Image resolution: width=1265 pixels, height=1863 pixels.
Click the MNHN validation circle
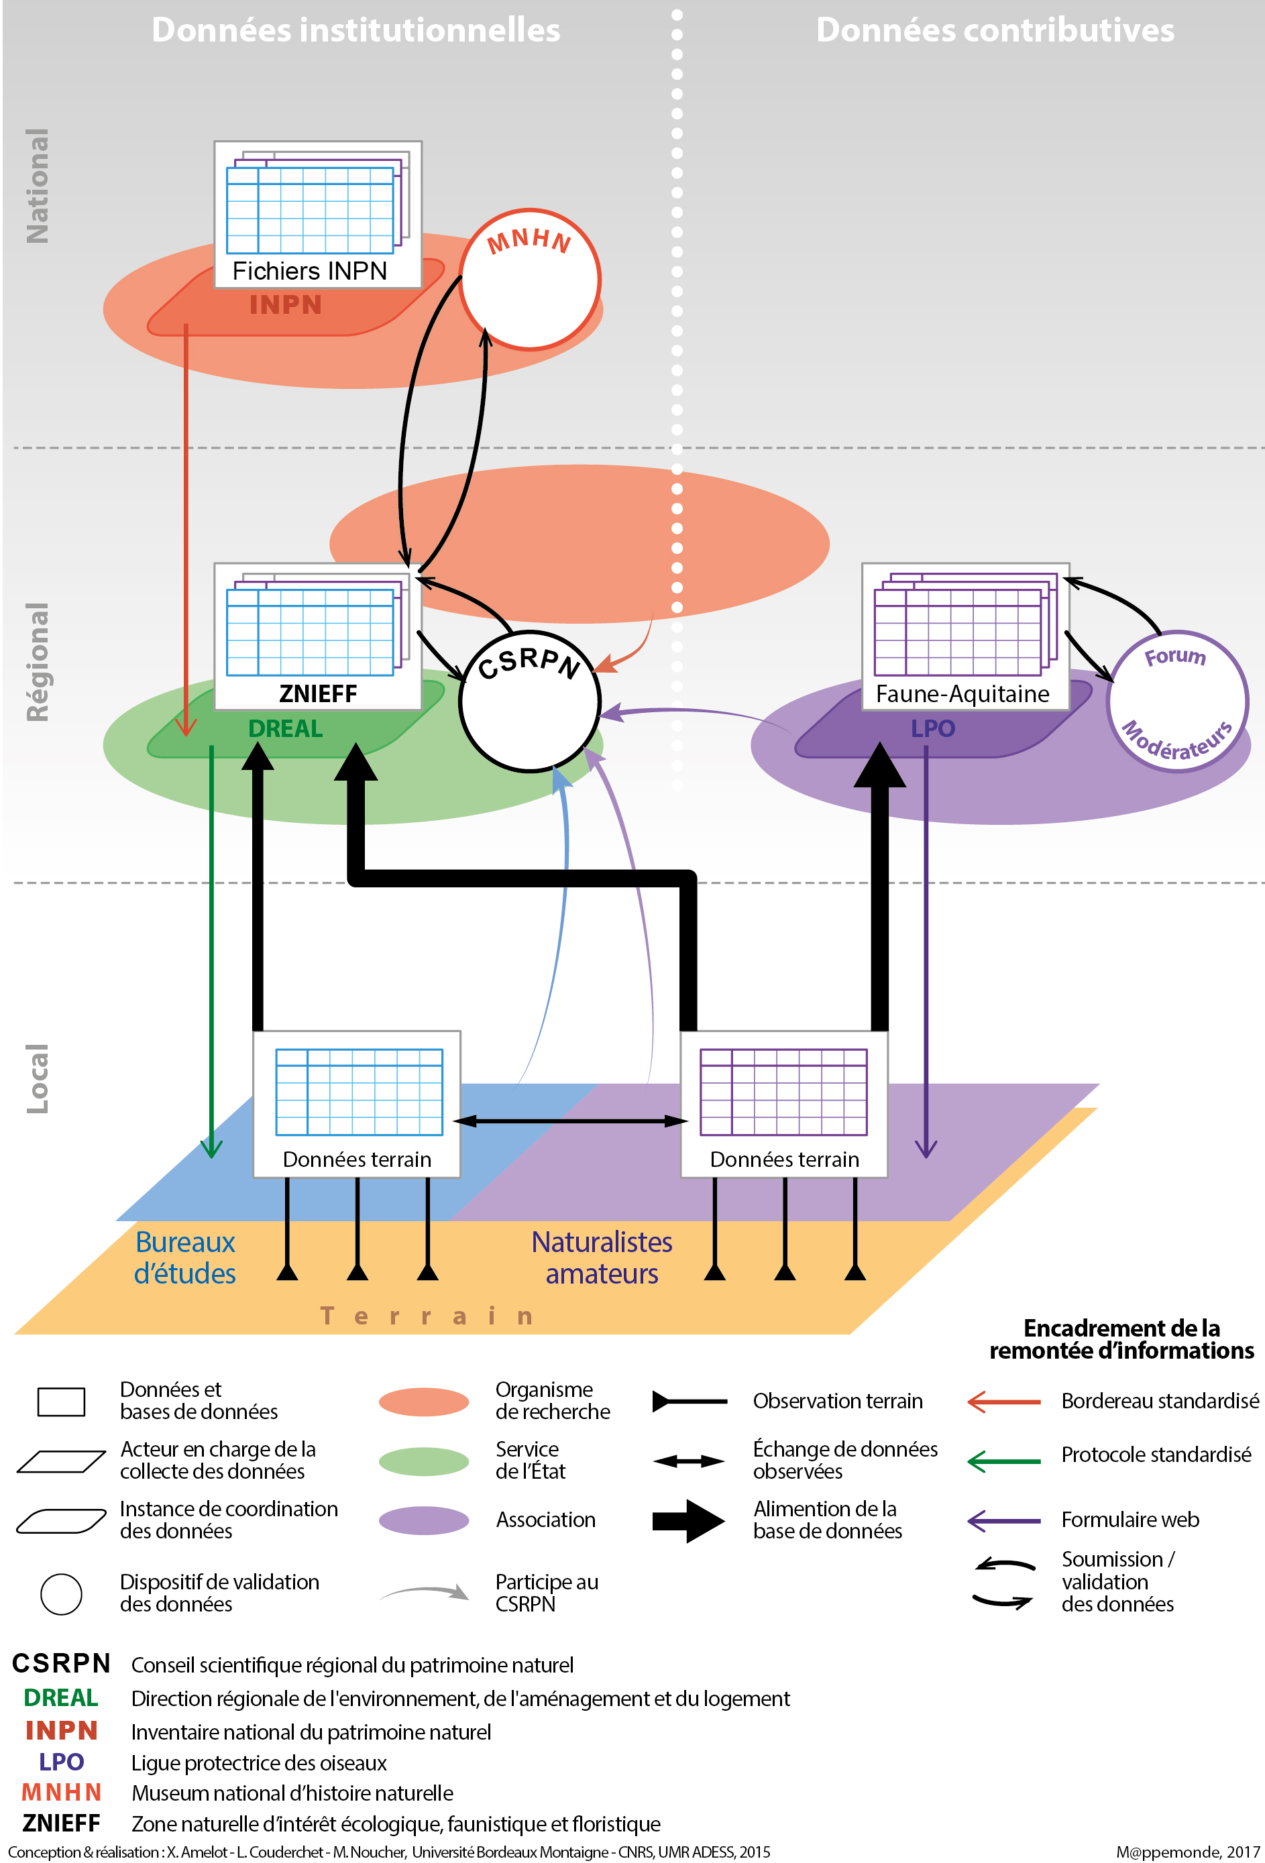pos(529,280)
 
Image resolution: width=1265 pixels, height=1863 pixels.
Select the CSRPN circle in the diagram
pos(530,701)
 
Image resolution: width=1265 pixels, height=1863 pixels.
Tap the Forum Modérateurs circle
pos(1177,701)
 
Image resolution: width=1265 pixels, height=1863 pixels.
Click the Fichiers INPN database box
pos(317,214)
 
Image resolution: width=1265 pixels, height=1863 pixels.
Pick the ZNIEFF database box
pos(317,636)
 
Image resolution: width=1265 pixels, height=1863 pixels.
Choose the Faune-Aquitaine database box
pos(965,636)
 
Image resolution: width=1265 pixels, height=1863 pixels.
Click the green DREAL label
pos(285,729)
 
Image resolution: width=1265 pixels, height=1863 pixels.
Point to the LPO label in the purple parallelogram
pos(933,729)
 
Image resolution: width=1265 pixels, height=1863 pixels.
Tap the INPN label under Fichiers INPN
pos(285,305)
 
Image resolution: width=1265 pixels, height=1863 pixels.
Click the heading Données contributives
pos(995,30)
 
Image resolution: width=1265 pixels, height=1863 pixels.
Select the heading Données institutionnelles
pos(356,30)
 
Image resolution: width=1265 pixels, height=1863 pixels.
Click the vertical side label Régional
pos(38,662)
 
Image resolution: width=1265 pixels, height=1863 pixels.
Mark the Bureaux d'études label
pos(185,1257)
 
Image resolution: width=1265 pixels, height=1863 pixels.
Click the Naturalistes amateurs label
pos(602,1257)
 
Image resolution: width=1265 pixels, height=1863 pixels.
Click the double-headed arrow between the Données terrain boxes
pos(570,1121)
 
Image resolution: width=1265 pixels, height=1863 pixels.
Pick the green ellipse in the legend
pos(423,1461)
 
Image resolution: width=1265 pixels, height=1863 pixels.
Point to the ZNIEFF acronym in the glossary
pos(61,1823)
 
